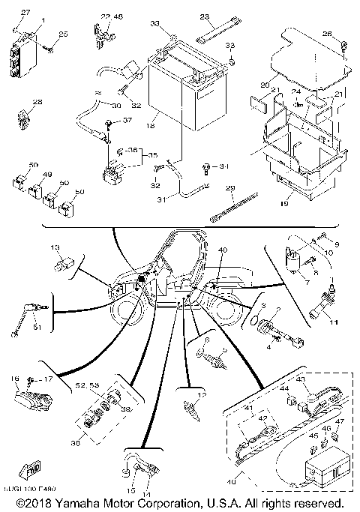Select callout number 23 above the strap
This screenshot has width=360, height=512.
204,16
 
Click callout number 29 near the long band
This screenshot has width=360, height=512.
230,188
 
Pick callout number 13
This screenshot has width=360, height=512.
55,248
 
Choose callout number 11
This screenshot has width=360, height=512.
335,323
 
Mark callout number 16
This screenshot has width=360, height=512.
13,381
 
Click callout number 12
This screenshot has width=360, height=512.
202,395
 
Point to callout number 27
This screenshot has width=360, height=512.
24,13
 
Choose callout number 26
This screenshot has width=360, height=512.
326,34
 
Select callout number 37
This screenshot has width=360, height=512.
127,121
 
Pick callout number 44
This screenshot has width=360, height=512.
285,389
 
